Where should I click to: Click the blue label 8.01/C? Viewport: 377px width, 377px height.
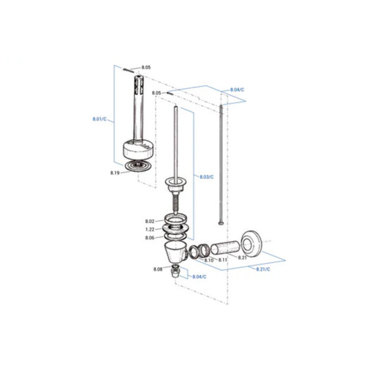point(100,119)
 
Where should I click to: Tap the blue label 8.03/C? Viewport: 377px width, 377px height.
point(206,177)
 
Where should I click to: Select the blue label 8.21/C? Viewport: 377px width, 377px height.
point(263,269)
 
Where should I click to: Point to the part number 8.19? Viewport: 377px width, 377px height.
point(115,173)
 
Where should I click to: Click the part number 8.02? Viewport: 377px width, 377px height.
point(150,221)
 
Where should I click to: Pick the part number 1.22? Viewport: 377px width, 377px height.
point(150,229)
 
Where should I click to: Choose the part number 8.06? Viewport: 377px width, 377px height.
point(150,238)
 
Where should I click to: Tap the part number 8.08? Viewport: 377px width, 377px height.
point(158,269)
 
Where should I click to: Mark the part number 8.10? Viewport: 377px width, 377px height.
point(209,260)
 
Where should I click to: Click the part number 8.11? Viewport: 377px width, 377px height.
point(222,260)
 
